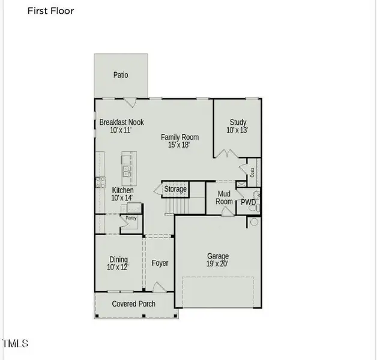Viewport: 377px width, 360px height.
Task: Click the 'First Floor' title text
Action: click(x=51, y=11)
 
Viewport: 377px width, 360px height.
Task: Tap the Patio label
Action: click(x=121, y=75)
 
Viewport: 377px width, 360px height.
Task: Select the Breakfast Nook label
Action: click(x=122, y=122)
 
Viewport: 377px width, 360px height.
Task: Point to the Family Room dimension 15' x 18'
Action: click(x=179, y=145)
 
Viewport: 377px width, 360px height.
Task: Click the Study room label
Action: click(x=237, y=122)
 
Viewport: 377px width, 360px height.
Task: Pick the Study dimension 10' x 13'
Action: click(x=237, y=130)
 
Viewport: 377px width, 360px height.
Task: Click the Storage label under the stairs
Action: click(x=175, y=190)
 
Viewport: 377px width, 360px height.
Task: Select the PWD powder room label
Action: click(x=249, y=203)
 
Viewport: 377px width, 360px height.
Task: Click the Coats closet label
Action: click(x=253, y=172)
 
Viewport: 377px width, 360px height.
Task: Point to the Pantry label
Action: click(x=131, y=218)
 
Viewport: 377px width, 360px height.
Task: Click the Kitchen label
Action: click(x=122, y=190)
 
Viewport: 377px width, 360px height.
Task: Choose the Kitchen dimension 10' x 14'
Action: click(x=122, y=198)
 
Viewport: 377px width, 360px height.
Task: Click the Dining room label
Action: click(x=118, y=259)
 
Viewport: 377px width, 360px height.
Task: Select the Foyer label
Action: click(x=160, y=263)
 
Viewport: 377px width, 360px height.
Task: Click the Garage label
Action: click(x=218, y=256)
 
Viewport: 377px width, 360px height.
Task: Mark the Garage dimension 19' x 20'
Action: click(x=217, y=264)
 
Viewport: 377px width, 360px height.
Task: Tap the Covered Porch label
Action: click(x=134, y=304)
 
